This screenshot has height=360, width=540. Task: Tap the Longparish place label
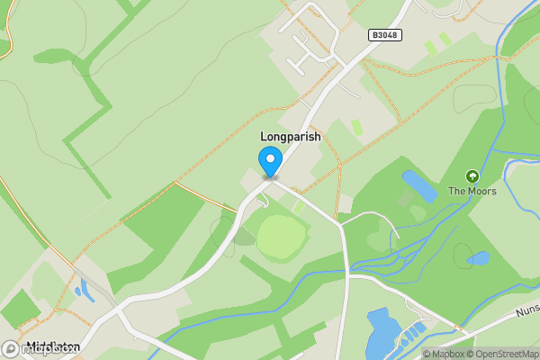(290, 137)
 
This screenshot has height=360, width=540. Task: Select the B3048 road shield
(384, 35)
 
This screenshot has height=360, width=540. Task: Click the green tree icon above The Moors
(471, 176)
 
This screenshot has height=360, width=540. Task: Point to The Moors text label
(471, 192)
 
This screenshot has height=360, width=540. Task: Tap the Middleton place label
(54, 347)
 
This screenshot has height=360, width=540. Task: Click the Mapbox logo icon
(11, 349)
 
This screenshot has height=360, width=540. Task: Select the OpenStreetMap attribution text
(499, 354)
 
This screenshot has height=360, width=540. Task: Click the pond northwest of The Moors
(420, 185)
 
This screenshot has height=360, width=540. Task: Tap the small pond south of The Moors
(479, 258)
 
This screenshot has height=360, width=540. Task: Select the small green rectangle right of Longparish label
(357, 127)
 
